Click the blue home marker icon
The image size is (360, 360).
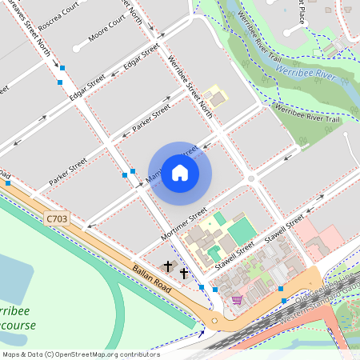click(x=180, y=173)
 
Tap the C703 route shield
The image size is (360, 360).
click(x=57, y=218)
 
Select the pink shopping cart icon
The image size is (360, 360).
click(x=237, y=300)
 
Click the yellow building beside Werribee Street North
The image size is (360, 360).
click(x=214, y=99)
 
